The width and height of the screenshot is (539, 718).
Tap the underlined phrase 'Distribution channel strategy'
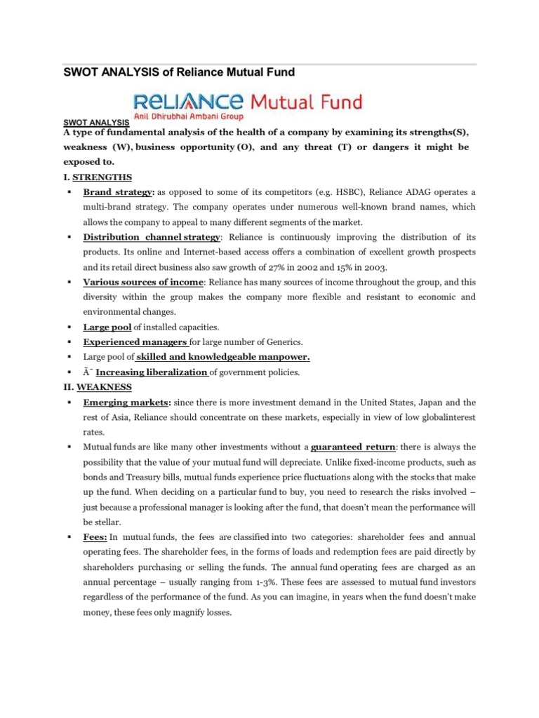(x=152, y=237)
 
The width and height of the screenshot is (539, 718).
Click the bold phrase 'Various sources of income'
(x=143, y=282)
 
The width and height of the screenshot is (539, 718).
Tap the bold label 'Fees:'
(x=96, y=536)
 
